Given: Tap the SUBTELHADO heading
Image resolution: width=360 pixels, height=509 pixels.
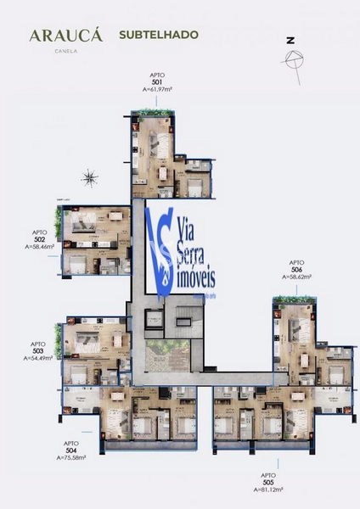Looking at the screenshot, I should [148, 36].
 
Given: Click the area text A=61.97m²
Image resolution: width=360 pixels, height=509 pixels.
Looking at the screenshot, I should [158, 88].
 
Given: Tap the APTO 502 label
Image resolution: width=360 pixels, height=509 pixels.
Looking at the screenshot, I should [39, 236].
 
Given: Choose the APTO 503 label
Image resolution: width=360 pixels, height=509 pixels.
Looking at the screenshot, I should [38, 348].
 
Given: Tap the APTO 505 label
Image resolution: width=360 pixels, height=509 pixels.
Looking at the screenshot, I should [269, 479].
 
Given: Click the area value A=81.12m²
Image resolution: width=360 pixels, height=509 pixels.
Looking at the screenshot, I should [269, 490].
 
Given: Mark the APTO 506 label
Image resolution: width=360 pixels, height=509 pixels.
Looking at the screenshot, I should [296, 266].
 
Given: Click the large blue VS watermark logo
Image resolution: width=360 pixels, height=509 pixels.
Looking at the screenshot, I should [160, 247].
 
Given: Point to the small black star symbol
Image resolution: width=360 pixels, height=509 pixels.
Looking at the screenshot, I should [90, 177].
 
